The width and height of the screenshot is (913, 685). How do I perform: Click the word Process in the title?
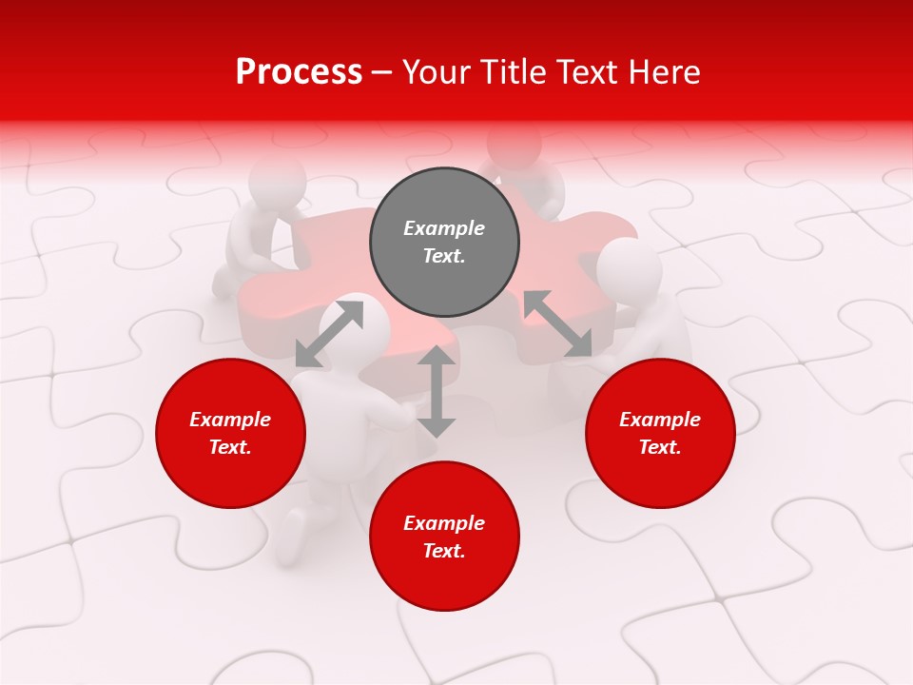tap(299, 72)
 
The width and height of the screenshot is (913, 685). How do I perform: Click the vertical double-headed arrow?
tap(436, 391)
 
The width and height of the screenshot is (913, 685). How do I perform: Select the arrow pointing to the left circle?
tap(329, 334)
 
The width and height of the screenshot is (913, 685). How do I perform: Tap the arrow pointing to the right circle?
tap(557, 324)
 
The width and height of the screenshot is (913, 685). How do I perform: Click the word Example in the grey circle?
tap(444, 228)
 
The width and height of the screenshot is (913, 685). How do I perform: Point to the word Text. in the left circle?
tap(230, 447)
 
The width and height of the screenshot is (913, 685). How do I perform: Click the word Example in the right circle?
tap(660, 420)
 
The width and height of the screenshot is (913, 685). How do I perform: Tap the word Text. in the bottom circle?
tap(444, 551)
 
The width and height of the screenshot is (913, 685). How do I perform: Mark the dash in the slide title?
tap(382, 72)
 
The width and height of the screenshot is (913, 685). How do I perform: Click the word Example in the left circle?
tap(230, 420)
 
